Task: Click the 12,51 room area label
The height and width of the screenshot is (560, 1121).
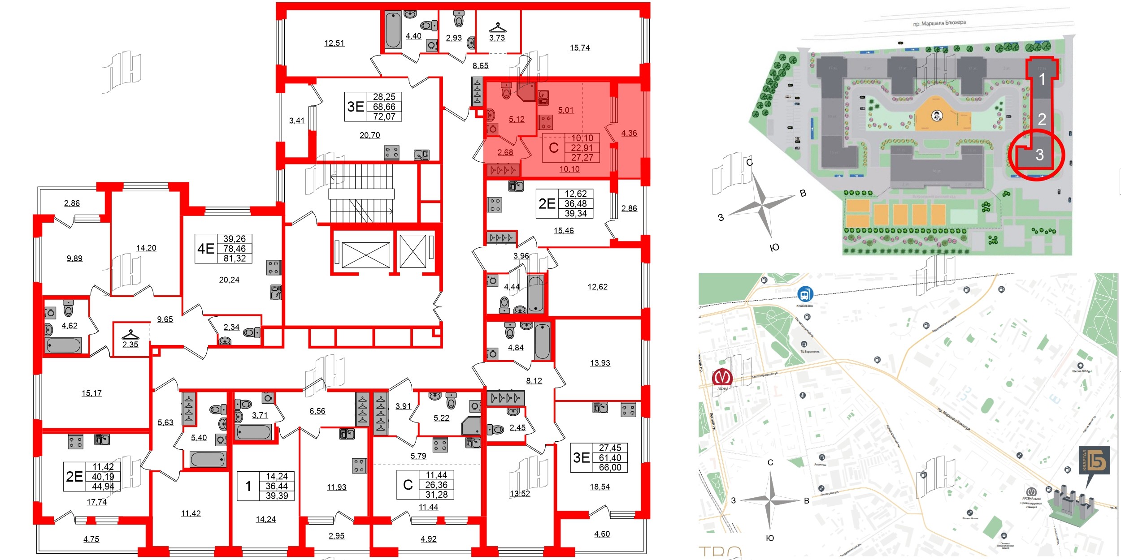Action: [334, 43]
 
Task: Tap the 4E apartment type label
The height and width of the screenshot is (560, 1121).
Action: [206, 249]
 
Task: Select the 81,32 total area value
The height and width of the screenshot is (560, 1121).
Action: [235, 258]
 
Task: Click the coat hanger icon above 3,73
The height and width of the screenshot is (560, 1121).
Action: [497, 28]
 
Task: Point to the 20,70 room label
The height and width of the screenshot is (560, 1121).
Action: [369, 135]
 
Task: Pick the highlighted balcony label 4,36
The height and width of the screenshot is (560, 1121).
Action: [629, 133]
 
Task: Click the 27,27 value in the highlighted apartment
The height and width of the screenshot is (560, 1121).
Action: [582, 157]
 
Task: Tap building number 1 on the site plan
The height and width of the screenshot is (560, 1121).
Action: [1042, 79]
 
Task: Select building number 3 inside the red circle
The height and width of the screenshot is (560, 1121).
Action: [1039, 155]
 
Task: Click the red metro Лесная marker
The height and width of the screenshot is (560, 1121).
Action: [722, 376]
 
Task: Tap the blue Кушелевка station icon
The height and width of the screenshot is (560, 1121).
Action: [805, 294]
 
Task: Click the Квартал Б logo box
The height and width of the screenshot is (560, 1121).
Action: [1094, 460]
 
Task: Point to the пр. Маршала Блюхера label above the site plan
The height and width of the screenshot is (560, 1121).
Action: [939, 23]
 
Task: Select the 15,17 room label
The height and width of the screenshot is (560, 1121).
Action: [91, 393]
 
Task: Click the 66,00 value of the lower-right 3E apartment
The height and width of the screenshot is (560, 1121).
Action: [610, 467]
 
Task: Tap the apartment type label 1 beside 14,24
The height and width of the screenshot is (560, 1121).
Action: [248, 486]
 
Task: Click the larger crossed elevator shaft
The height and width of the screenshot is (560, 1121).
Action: [365, 255]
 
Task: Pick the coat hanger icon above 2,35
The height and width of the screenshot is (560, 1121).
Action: [130, 335]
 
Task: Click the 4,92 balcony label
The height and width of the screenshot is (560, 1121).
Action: [428, 538]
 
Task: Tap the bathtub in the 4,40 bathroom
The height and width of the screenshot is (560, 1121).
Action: [393, 30]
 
